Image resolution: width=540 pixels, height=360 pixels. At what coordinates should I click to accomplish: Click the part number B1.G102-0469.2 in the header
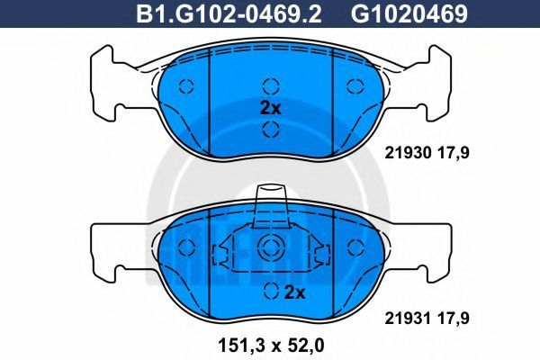pos(229,13)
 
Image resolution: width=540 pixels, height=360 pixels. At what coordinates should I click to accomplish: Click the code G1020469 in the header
pos(409,13)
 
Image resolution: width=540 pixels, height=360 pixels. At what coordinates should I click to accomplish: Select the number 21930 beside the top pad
pos(408,153)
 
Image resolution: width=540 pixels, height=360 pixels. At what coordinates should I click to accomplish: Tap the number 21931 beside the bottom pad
pos(408,318)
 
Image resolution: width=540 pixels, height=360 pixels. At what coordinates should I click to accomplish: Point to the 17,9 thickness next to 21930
pos(454,153)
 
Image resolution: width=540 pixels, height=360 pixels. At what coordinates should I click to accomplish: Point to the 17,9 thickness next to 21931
pos(454,318)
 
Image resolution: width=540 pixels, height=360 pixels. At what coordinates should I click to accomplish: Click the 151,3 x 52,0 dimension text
pos(271,346)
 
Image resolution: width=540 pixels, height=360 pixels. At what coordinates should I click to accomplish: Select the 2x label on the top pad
pos(270,108)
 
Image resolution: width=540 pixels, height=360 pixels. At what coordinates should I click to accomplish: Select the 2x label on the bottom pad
pos(295,292)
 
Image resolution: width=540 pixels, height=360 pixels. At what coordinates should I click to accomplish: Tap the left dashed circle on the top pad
pos(186,85)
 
